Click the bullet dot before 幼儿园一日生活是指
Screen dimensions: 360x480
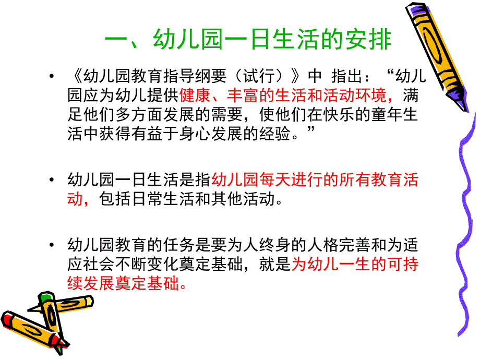[x=51, y=181]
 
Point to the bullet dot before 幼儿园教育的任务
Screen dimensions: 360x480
[x=51, y=245]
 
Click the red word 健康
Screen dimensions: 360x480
[x=194, y=96]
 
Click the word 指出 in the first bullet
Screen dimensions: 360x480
[x=346, y=77]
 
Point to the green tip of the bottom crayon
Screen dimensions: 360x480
[x=46, y=298]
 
